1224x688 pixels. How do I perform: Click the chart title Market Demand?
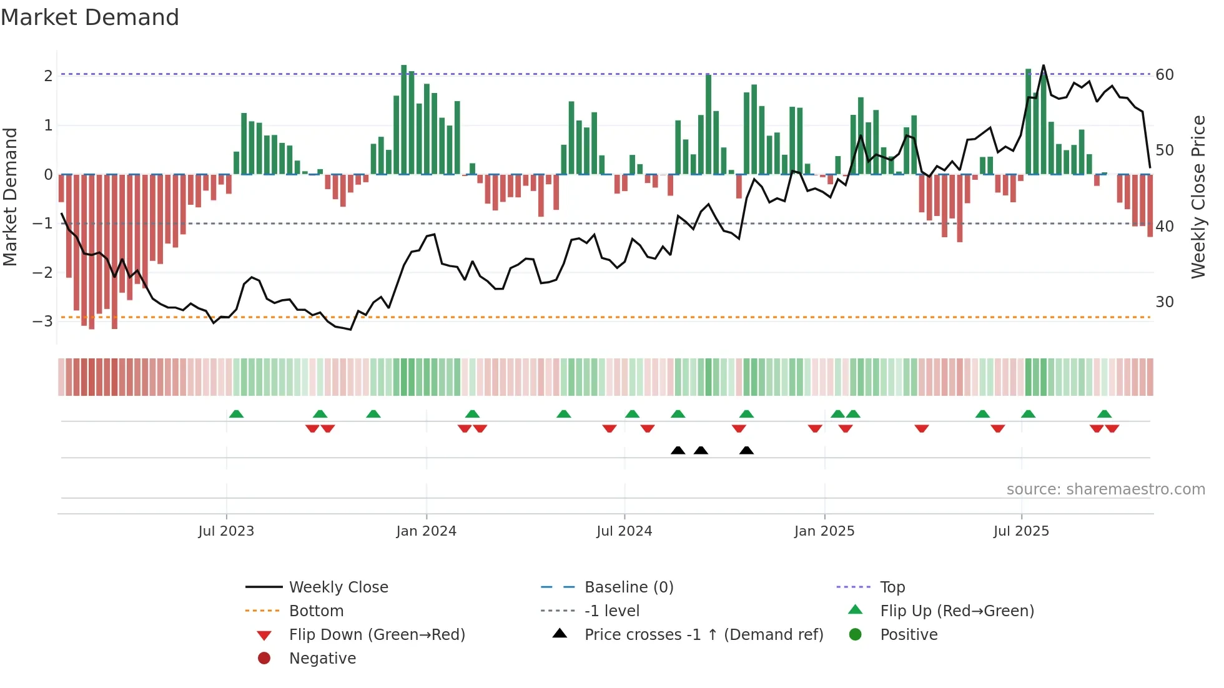pyautogui.click(x=90, y=17)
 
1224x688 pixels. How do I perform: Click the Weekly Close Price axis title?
pyautogui.click(x=1198, y=197)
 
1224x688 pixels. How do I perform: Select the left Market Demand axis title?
pyautogui.click(x=10, y=197)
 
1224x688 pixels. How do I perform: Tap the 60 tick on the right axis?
pyautogui.click(x=1165, y=75)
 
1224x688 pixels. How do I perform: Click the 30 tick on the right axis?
pyautogui.click(x=1165, y=302)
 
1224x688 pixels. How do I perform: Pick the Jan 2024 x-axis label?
pyautogui.click(x=426, y=531)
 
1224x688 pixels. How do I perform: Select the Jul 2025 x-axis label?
pyautogui.click(x=1021, y=531)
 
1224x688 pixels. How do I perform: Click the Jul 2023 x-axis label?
pyautogui.click(x=226, y=531)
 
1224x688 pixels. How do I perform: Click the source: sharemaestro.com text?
pyautogui.click(x=1105, y=489)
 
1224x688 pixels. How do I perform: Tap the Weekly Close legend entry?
pyautogui.click(x=338, y=587)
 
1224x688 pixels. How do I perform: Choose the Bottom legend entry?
pyautogui.click(x=316, y=611)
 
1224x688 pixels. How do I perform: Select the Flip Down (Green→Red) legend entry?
pyautogui.click(x=377, y=634)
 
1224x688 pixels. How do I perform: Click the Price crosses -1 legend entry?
pyautogui.click(x=704, y=634)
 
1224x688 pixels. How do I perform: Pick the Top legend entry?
pyautogui.click(x=892, y=587)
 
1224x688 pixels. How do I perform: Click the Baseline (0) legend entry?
pyautogui.click(x=629, y=587)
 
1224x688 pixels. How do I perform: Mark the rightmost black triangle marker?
pyautogui.click(x=746, y=450)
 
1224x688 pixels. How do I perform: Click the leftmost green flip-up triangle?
pyautogui.click(x=236, y=414)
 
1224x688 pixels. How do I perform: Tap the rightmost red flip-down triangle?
pyautogui.click(x=1112, y=428)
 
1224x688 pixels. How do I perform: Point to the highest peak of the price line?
pyautogui.click(x=1044, y=66)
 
